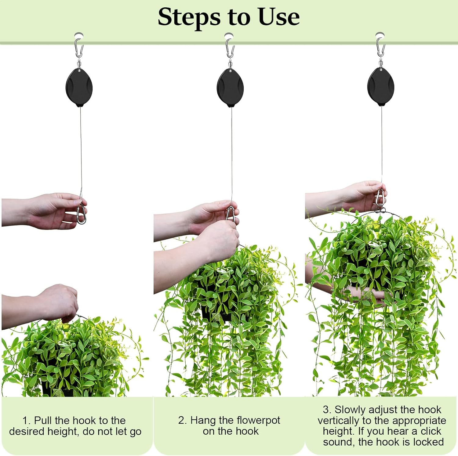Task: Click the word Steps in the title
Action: click(189, 17)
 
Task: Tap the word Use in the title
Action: click(278, 17)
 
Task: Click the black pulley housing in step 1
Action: click(79, 88)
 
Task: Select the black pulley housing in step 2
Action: click(230, 88)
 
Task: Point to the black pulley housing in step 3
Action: click(381, 87)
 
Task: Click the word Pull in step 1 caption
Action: click(43, 420)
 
